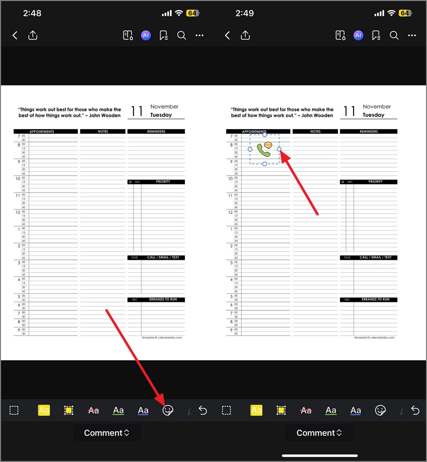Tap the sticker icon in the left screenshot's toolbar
(x=168, y=410)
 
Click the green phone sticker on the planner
(x=263, y=150)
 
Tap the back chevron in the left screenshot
(x=15, y=36)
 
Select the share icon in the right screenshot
(x=245, y=36)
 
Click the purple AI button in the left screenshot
(x=145, y=36)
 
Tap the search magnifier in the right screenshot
(x=394, y=36)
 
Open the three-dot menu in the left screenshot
(x=199, y=36)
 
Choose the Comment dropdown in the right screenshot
(x=319, y=433)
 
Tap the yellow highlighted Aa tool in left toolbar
(x=44, y=410)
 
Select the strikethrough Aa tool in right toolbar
(x=306, y=410)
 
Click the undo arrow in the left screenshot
(x=202, y=410)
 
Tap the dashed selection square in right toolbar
(x=226, y=410)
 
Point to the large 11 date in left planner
(x=137, y=111)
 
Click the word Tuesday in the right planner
(x=373, y=115)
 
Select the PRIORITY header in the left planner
(x=163, y=182)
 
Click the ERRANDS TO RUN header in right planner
(x=375, y=300)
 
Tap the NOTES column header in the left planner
(x=103, y=132)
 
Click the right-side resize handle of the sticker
(x=279, y=149)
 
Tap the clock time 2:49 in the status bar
(x=244, y=13)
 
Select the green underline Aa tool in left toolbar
(x=118, y=410)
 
